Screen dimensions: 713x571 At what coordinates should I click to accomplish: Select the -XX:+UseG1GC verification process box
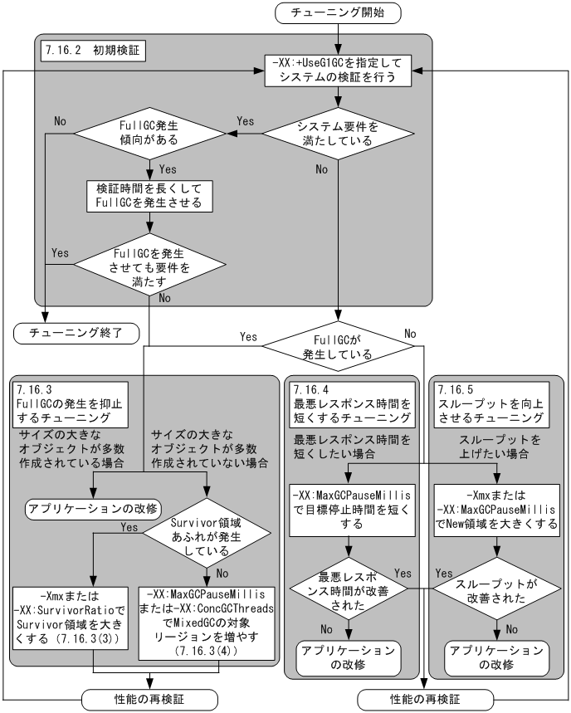click(x=336, y=71)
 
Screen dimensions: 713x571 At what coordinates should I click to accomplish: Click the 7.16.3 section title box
click(x=72, y=403)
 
